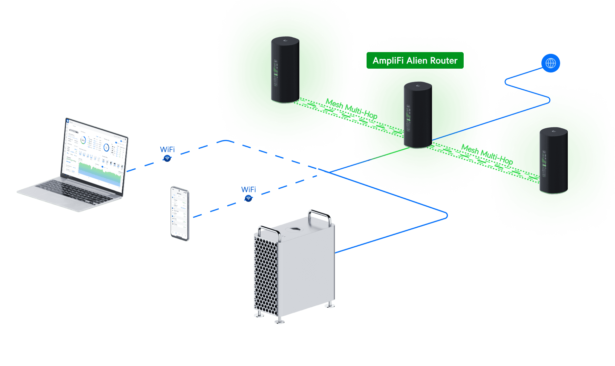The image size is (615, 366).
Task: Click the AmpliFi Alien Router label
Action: click(x=415, y=61)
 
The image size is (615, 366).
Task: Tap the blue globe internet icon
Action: click(x=550, y=63)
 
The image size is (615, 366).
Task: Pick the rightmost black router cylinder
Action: click(x=553, y=161)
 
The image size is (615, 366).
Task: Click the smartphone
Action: click(x=180, y=213)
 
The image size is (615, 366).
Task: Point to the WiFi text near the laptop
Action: click(x=167, y=149)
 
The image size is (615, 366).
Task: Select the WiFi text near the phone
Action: click(x=248, y=189)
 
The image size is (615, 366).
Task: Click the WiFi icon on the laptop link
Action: click(x=167, y=159)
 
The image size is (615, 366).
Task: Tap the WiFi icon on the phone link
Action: click(x=248, y=199)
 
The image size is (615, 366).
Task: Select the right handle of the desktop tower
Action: click(x=320, y=214)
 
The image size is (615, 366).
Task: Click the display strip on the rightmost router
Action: click(x=544, y=164)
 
